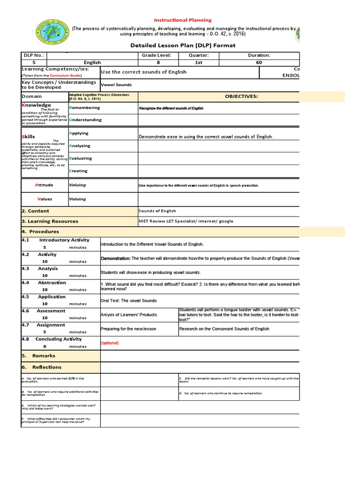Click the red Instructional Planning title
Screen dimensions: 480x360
pyautogui.click(x=183, y=20)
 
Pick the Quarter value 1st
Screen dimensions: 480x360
pyautogui.click(x=199, y=62)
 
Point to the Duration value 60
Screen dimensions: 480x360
pyautogui.click(x=259, y=62)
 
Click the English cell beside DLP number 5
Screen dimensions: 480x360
pyautogui.click(x=92, y=62)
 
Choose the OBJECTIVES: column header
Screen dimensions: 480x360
pyautogui.click(x=241, y=97)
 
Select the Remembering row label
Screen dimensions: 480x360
pyautogui.click(x=84, y=108)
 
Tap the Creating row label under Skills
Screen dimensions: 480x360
pyautogui.click(x=78, y=171)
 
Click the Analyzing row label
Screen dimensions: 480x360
pyautogui.click(x=80, y=146)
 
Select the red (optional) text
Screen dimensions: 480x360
pyautogui.click(x=110, y=343)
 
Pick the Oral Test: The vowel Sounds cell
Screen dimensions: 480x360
pyautogui.click(x=129, y=300)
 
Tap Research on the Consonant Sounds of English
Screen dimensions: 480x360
pyautogui.click(x=224, y=329)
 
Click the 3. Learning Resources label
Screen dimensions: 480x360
pyautogui.click(x=50, y=221)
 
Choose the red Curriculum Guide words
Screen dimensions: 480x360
pyautogui.click(x=66, y=75)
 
